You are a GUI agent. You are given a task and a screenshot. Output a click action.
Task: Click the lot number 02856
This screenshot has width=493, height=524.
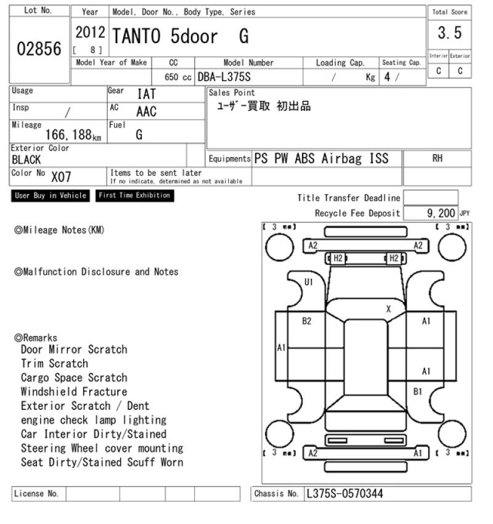pyautogui.click(x=39, y=49)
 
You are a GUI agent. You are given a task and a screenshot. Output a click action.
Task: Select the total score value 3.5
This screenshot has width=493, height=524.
pyautogui.click(x=450, y=33)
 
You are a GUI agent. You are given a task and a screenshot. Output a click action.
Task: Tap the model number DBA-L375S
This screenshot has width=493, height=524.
pyautogui.click(x=224, y=77)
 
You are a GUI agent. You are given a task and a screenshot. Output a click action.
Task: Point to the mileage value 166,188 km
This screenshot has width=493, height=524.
pyautogui.click(x=73, y=135)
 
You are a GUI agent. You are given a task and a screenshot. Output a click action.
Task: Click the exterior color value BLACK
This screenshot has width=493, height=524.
pyautogui.click(x=26, y=160)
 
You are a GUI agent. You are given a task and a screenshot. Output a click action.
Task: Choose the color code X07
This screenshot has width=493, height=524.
pyautogui.click(x=61, y=176)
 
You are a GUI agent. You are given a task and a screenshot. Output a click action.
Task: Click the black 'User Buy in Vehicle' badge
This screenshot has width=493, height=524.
pyautogui.click(x=51, y=195)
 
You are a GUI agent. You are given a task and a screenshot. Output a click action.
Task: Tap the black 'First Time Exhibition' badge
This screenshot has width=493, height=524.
pyautogui.click(x=134, y=195)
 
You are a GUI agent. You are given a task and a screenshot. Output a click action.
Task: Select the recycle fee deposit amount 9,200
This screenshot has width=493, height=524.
pyautogui.click(x=441, y=213)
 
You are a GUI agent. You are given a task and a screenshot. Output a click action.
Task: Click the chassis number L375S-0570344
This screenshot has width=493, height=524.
pyautogui.click(x=344, y=494)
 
